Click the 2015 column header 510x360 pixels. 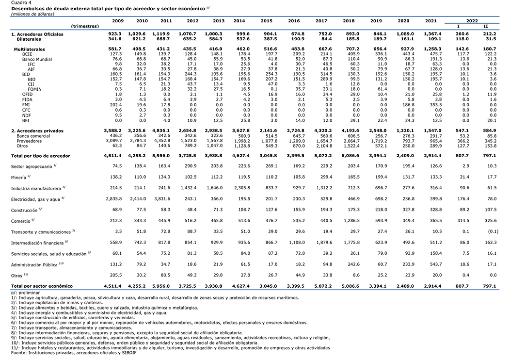[266, 21]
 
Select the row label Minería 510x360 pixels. [18, 178]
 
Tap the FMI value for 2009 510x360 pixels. [116, 105]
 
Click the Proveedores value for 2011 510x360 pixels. [162, 141]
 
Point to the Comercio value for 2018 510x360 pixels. [352, 221]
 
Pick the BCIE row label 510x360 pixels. [27, 54]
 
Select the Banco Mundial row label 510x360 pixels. [37, 59]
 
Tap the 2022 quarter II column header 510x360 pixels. [486, 26]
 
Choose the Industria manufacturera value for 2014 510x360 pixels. [242, 188]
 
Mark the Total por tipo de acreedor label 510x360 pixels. [41, 156]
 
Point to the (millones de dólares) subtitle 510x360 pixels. [32, 14]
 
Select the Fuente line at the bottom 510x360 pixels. [74, 353]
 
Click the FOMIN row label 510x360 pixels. [34, 89]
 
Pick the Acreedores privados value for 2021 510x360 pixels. [433, 131]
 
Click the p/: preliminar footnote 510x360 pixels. [25, 293]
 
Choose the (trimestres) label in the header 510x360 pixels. [85, 26]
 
